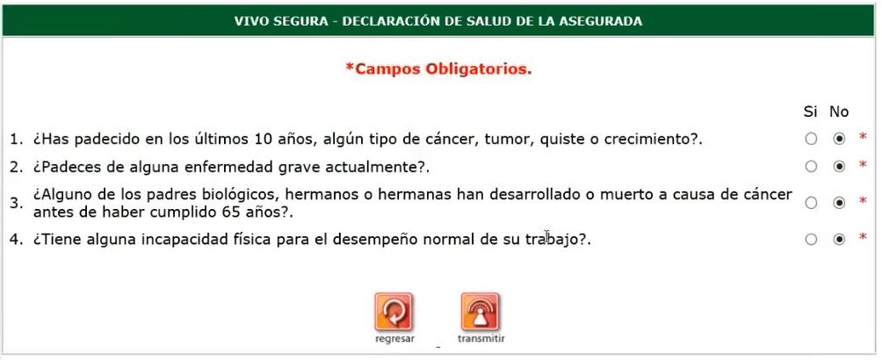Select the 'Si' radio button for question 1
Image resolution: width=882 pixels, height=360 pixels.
click(x=811, y=139)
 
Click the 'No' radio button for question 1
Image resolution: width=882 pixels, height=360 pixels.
click(x=839, y=139)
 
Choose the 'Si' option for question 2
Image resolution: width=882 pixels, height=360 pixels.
click(x=811, y=167)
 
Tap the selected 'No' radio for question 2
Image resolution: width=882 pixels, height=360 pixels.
click(x=839, y=167)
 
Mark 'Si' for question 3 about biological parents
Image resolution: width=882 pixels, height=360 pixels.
click(x=811, y=203)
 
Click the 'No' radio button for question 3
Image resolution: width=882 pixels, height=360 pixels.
click(x=839, y=203)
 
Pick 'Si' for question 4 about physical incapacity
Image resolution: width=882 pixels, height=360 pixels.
click(x=811, y=240)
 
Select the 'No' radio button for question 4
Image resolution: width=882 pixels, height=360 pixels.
click(x=839, y=240)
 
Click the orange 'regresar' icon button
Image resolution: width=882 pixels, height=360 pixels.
click(x=394, y=313)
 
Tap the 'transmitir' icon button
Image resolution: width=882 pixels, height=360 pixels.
click(x=481, y=313)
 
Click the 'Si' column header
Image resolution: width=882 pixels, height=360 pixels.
click(x=810, y=112)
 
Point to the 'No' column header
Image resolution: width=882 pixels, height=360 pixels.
click(x=839, y=112)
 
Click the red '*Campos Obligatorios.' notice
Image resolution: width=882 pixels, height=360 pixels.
click(x=438, y=69)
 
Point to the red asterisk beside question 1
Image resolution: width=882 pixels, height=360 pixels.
click(x=863, y=137)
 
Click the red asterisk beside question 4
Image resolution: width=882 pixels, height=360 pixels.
click(x=863, y=237)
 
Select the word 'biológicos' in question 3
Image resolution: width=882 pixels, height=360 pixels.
click(x=243, y=195)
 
